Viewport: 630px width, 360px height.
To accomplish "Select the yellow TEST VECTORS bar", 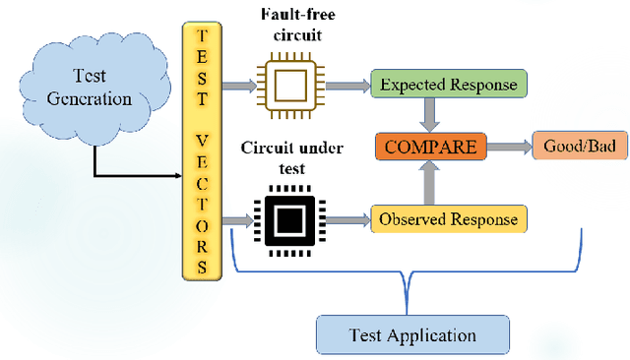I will (x=201, y=149).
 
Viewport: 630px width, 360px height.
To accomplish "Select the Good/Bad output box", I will (x=579, y=148).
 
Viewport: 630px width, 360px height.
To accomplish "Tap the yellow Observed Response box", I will (x=449, y=219).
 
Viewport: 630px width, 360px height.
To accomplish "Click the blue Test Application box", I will (x=412, y=335).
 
